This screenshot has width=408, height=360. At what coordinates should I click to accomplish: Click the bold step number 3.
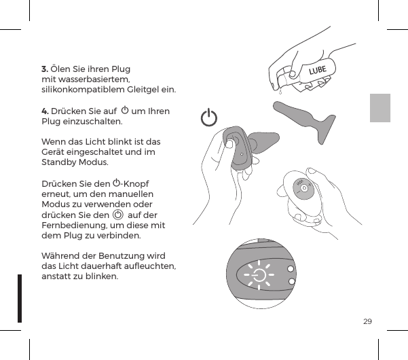click(44, 69)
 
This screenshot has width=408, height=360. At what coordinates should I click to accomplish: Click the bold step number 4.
click(44, 111)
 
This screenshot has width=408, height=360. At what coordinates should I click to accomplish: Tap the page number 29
click(367, 321)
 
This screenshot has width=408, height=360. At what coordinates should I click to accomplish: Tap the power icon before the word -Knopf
click(117, 183)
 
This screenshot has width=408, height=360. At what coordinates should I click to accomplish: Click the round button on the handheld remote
click(305, 188)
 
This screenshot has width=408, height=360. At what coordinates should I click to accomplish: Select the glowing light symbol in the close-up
click(259, 275)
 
